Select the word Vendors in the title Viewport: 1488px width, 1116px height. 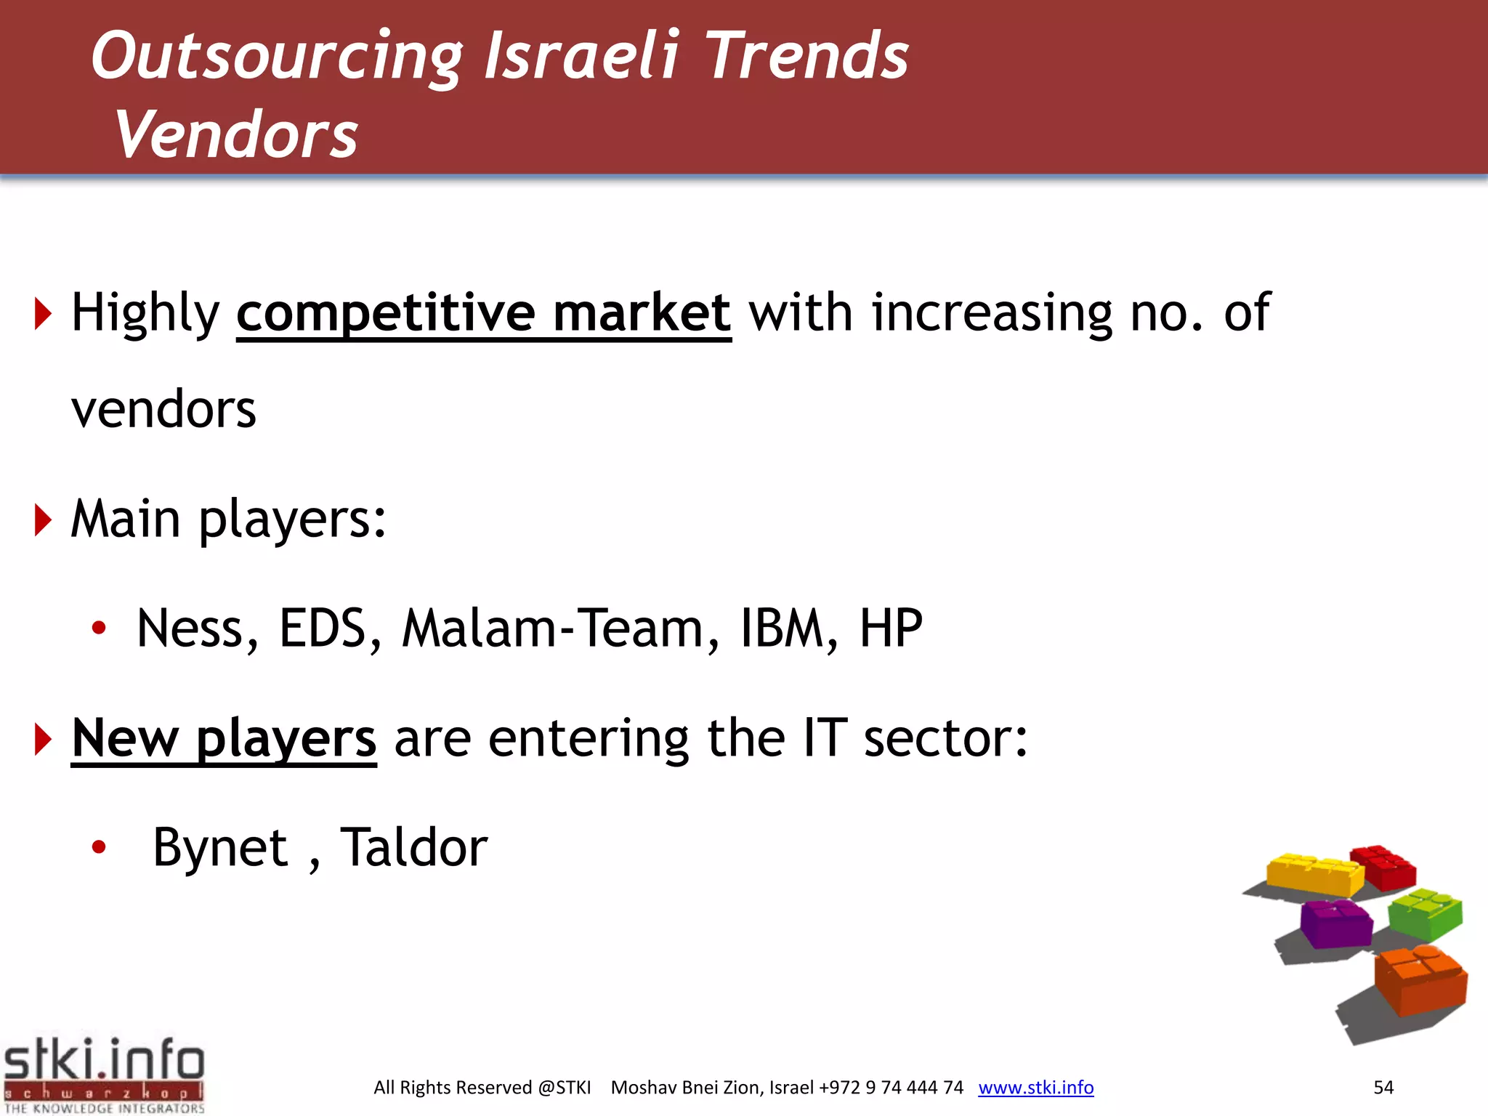236,135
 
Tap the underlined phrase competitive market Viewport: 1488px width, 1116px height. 483,314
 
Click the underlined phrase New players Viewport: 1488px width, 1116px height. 224,740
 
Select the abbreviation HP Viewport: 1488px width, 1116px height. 891,629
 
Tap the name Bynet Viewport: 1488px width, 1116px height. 220,849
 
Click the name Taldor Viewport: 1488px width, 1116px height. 414,849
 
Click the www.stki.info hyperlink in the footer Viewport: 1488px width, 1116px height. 1035,1088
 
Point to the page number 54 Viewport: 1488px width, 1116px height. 1383,1088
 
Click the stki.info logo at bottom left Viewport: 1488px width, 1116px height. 104,1074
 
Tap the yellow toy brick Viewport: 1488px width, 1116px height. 1314,874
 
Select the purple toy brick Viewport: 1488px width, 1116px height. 1335,923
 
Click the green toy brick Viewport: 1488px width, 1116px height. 1424,914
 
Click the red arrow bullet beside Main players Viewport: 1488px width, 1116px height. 43,520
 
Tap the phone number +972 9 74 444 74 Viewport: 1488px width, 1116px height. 891,1088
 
